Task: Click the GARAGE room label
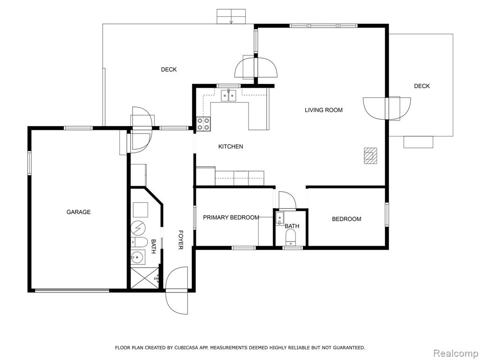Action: tap(78, 212)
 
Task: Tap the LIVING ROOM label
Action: tap(323, 110)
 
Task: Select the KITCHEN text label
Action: tap(231, 147)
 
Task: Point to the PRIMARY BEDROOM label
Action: tap(231, 217)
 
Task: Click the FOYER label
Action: tap(181, 240)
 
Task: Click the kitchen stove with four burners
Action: tap(203, 124)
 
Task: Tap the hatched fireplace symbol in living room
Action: tap(370, 156)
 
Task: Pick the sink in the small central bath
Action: tap(280, 218)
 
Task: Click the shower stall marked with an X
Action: tap(145, 277)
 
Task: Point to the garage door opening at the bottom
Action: tap(72, 290)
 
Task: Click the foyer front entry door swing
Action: tap(176, 290)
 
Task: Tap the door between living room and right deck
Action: tap(387, 109)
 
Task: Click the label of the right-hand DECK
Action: tap(422, 86)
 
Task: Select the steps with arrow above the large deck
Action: tap(231, 16)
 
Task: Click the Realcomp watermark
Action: tap(456, 353)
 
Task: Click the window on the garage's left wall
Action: tap(30, 163)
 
